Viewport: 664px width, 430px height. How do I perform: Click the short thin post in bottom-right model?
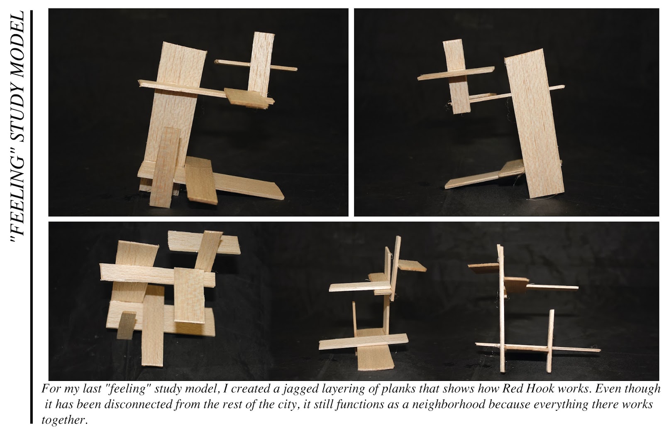[550, 341]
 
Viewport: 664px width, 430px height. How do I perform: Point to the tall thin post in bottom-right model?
[501, 307]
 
